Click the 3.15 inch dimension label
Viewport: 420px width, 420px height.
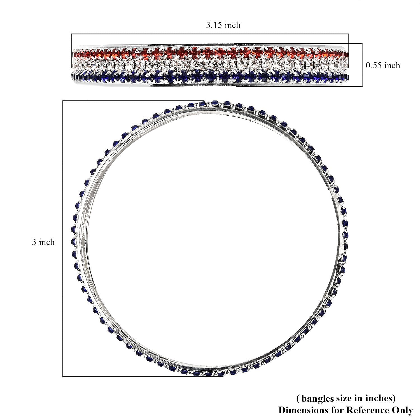click(223, 25)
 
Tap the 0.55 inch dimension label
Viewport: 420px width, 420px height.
click(383, 66)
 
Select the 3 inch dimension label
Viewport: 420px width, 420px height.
click(43, 242)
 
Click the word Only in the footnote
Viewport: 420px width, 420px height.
click(402, 410)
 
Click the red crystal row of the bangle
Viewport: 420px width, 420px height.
click(210, 52)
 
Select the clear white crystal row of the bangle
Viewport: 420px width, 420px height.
click(210, 65)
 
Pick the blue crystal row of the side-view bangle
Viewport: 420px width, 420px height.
click(210, 76)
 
